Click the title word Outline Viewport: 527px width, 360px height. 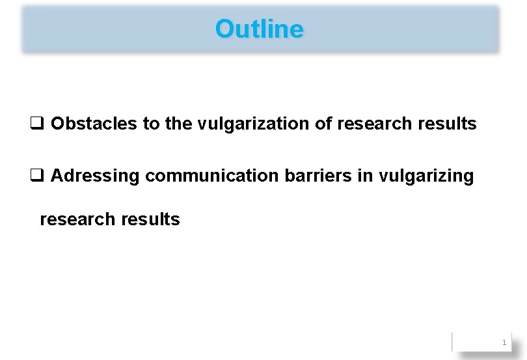(x=259, y=29)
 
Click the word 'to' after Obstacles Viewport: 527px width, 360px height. (x=151, y=124)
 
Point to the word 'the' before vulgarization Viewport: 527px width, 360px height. (x=178, y=124)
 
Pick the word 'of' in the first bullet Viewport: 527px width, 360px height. (x=324, y=124)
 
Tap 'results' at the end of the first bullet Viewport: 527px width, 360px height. (x=446, y=124)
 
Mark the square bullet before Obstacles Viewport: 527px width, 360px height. (x=36, y=124)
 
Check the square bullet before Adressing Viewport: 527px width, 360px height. (x=36, y=176)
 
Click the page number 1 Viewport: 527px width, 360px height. (x=504, y=342)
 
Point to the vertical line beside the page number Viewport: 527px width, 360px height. (x=452, y=342)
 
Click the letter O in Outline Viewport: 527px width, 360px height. (x=224, y=29)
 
